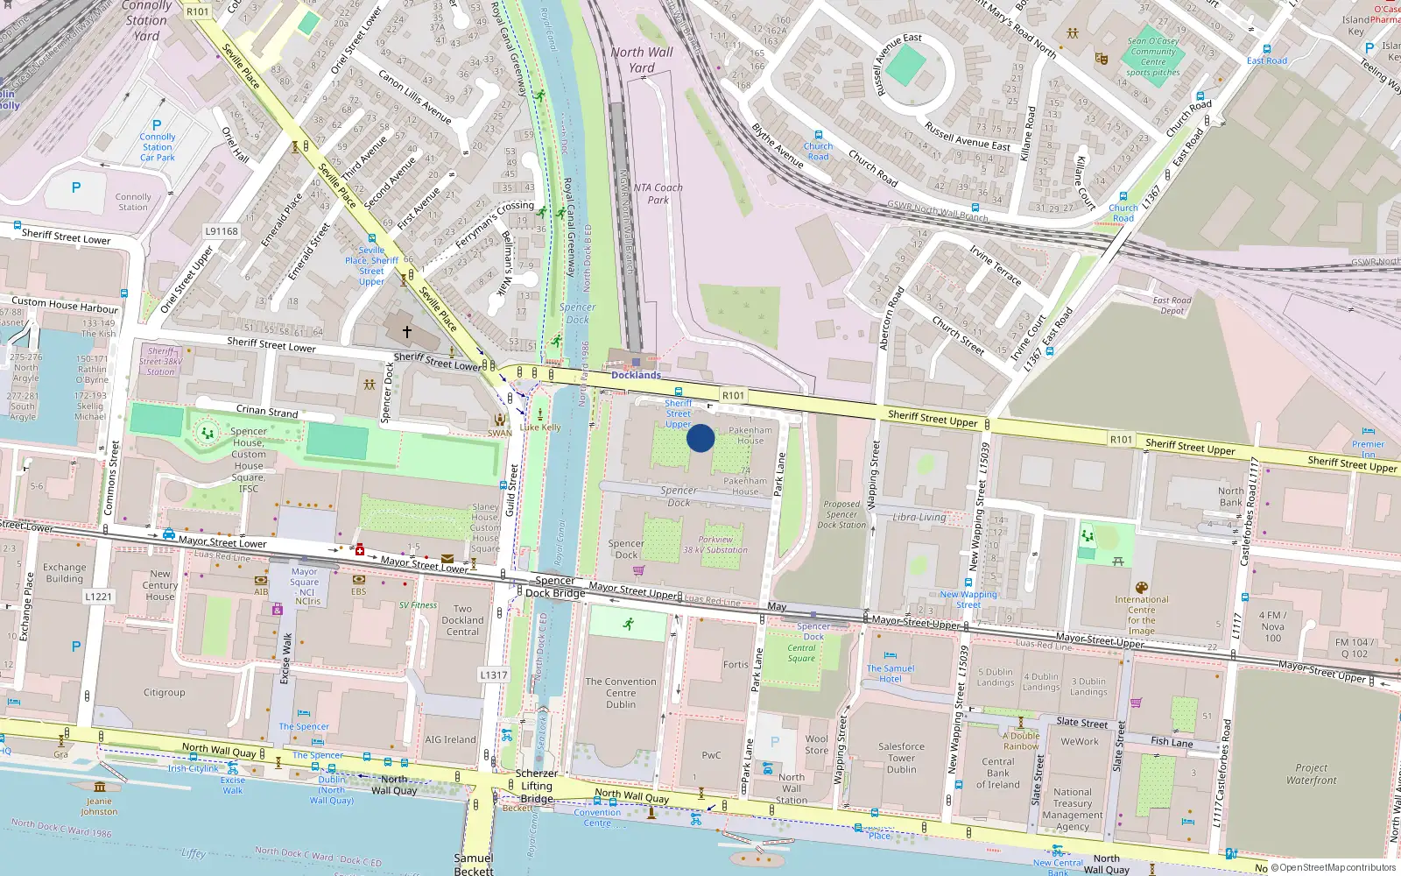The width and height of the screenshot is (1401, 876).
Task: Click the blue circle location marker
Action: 700,438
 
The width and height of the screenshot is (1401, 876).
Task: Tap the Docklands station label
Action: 636,375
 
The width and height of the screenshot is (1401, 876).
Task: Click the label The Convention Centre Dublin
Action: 621,693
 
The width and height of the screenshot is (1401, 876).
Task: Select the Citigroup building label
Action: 165,692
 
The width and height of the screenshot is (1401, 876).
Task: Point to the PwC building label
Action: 711,755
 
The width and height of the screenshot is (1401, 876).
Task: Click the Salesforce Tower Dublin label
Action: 901,758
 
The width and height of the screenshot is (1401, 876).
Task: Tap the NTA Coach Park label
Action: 658,194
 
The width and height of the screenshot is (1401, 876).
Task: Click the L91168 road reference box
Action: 222,231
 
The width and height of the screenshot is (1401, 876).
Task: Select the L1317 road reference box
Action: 494,675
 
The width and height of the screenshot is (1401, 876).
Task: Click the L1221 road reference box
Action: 99,597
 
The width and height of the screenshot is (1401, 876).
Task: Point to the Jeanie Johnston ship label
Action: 99,806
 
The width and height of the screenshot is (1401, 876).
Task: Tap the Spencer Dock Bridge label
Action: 555,587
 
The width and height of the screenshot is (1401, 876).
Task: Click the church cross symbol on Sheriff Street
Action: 406,332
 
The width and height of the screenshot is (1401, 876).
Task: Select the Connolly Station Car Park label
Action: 158,147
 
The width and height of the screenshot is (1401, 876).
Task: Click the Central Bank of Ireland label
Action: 998,773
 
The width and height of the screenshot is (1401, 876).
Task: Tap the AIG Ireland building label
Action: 450,739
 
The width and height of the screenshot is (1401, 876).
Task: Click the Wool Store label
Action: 816,745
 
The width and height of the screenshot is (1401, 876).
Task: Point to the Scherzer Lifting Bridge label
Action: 537,786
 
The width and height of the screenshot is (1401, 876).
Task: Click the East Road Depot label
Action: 1172,306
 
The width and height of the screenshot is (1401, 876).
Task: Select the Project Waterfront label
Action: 1311,774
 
